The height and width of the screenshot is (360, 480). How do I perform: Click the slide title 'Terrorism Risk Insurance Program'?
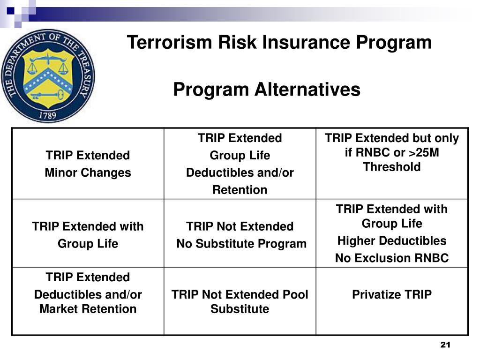click(279, 43)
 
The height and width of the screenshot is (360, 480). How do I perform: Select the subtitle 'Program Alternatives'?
click(267, 89)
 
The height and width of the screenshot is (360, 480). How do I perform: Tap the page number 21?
click(445, 345)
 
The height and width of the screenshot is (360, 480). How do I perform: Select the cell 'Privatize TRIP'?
click(391, 294)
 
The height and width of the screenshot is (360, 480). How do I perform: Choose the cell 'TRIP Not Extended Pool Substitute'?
click(240, 301)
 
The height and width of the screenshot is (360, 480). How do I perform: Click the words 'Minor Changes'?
click(88, 172)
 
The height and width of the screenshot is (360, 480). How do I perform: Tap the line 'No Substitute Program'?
click(241, 244)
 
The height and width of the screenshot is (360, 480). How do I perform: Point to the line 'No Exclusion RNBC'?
click(391, 258)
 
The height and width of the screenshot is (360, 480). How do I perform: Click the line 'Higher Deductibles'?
click(391, 241)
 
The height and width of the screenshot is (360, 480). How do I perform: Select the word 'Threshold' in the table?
click(391, 167)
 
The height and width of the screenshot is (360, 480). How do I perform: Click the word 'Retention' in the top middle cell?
click(240, 190)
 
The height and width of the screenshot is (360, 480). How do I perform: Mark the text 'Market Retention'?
click(88, 309)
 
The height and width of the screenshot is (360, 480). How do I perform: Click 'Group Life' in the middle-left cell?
click(88, 244)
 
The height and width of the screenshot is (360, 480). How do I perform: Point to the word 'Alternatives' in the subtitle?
click(307, 89)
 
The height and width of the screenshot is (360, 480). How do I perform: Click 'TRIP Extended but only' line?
click(391, 138)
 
